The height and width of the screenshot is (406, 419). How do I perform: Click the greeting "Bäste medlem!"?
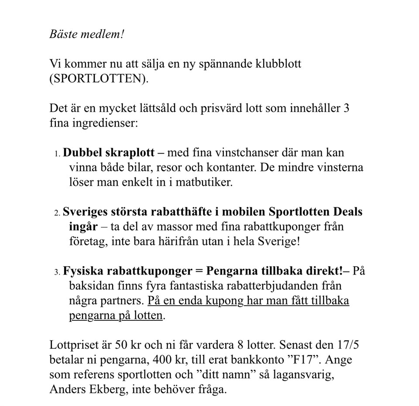[x=87, y=34]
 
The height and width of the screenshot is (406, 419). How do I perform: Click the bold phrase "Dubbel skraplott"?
[x=109, y=153]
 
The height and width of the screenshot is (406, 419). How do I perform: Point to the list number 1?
[x=57, y=154]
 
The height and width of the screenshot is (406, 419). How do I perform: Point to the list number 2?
[x=57, y=213]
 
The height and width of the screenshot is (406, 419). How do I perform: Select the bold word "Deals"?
[x=348, y=212]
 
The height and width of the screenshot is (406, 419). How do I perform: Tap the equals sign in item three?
[x=199, y=272]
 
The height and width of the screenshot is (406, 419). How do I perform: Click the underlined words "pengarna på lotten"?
[x=116, y=316]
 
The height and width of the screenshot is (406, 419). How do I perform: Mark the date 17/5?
[x=347, y=346]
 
